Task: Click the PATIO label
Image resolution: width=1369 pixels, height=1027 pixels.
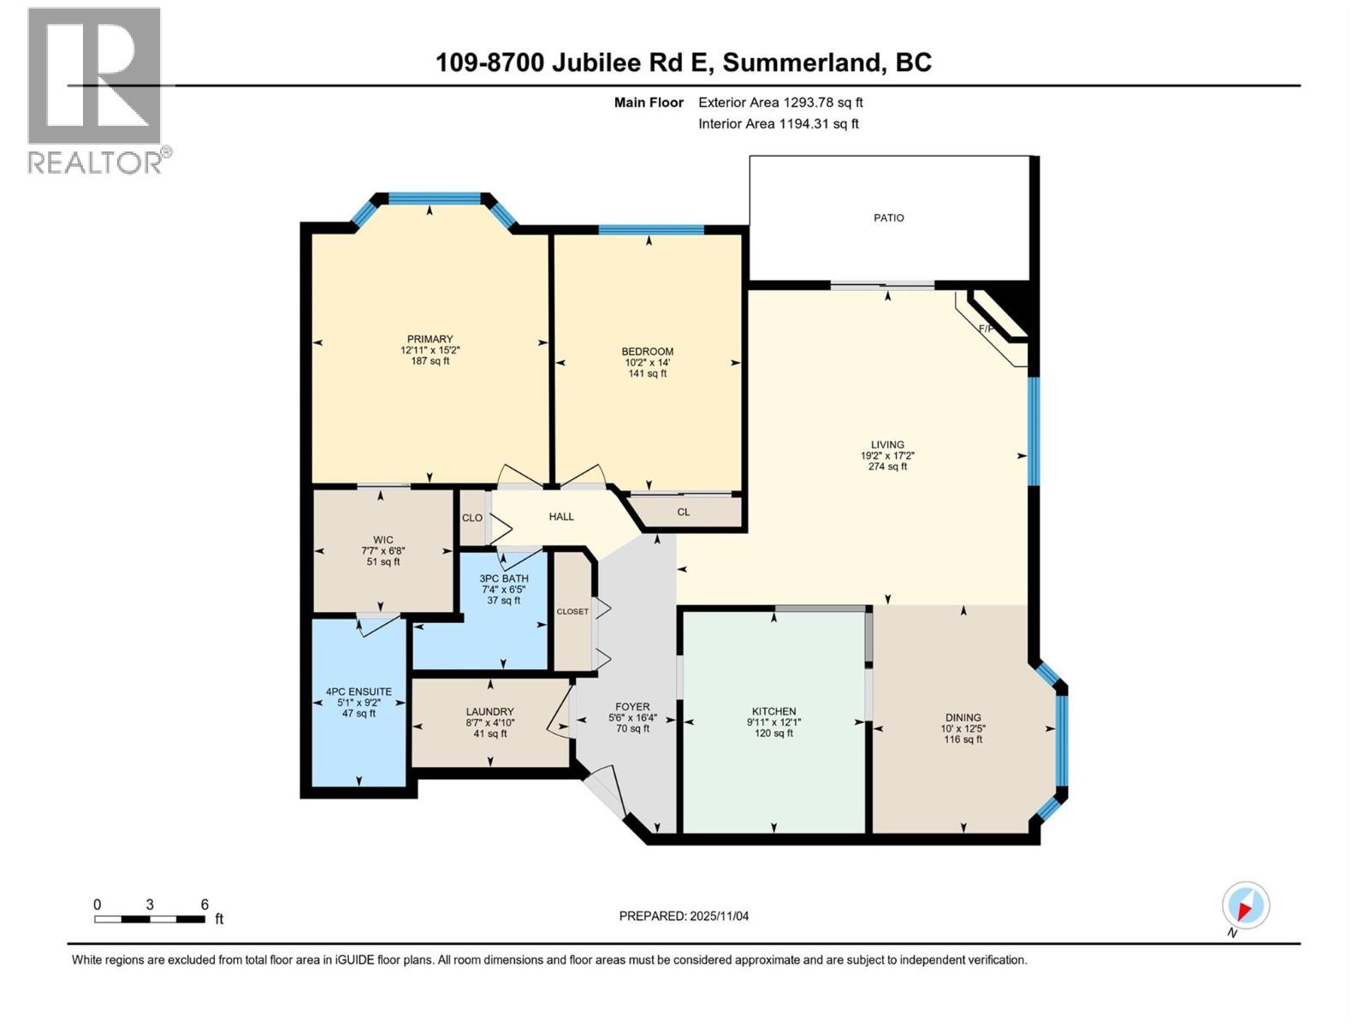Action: pyautogui.click(x=888, y=218)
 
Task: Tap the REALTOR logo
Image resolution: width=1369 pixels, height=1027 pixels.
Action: pyautogui.click(x=95, y=91)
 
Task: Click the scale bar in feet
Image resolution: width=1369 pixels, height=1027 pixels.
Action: pyautogui.click(x=150, y=918)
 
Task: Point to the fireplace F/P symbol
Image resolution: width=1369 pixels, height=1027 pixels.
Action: pyautogui.click(x=987, y=329)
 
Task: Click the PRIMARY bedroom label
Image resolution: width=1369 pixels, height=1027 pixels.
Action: pyautogui.click(x=430, y=339)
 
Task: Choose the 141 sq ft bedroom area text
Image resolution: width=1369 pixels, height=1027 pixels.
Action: pyautogui.click(x=647, y=373)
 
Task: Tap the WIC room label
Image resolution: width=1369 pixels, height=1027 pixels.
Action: pyautogui.click(x=382, y=540)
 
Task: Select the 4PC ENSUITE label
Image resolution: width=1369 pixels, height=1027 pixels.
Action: pyautogui.click(x=359, y=692)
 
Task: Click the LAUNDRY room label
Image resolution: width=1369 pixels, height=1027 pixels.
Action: pyautogui.click(x=489, y=711)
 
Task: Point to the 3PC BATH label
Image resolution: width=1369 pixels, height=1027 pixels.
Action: pyautogui.click(x=504, y=579)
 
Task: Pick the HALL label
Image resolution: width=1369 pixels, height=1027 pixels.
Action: pyautogui.click(x=561, y=517)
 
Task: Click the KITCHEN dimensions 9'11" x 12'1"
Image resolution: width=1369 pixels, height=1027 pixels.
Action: pyautogui.click(x=773, y=722)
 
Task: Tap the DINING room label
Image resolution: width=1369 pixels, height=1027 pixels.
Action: pyautogui.click(x=963, y=717)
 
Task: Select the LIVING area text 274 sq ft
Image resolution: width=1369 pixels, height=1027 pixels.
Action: pyautogui.click(x=887, y=466)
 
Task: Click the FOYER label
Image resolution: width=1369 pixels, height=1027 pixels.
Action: pyautogui.click(x=632, y=707)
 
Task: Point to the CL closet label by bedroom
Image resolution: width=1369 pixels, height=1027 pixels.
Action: pyautogui.click(x=683, y=513)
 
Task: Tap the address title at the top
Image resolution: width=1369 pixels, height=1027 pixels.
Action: pyautogui.click(x=683, y=62)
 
